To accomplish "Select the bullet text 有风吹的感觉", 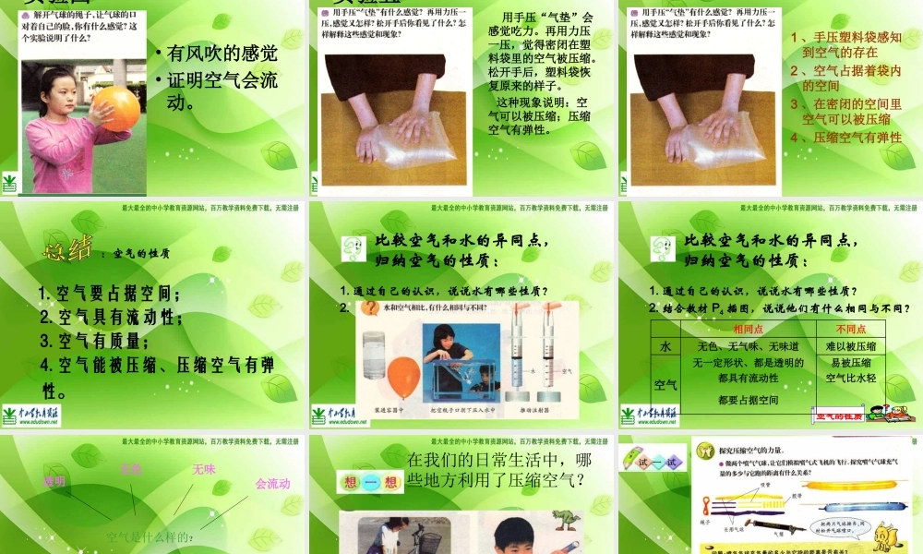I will tap(222, 54).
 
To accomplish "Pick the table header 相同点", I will tap(748, 329).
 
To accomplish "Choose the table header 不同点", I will tap(850, 329).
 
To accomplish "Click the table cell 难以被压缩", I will tap(850, 346).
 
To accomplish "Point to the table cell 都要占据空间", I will tap(748, 400).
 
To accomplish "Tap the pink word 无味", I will tap(203, 470).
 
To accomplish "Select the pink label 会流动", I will tap(272, 483).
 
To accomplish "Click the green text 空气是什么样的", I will tap(153, 536).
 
